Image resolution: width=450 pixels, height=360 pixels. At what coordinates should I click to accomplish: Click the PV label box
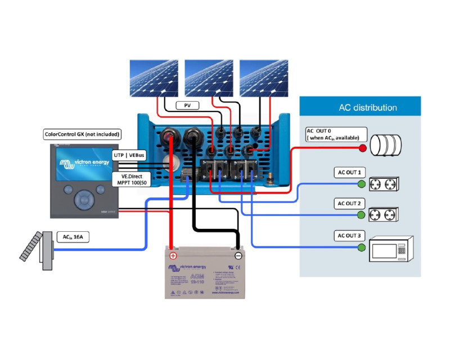pos(188,105)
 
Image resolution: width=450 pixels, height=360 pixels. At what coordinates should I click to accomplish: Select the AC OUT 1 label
pos(350,172)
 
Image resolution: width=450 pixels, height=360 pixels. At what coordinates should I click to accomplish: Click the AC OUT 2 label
pos(350,203)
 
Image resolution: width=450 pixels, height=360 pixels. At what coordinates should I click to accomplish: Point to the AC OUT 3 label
pos(350,235)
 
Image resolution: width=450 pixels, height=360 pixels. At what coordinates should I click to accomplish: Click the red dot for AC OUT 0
pos(362,148)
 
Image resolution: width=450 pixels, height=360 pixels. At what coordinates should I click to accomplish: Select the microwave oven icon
pos(391,248)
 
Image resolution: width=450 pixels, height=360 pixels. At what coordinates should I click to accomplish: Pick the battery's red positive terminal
pos(173,255)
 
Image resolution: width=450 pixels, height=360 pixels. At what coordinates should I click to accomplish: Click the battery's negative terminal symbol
pos(238,255)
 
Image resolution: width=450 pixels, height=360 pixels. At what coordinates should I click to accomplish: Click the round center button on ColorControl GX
pos(84,197)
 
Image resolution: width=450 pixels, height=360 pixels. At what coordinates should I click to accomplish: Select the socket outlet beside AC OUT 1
pos(382,183)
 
